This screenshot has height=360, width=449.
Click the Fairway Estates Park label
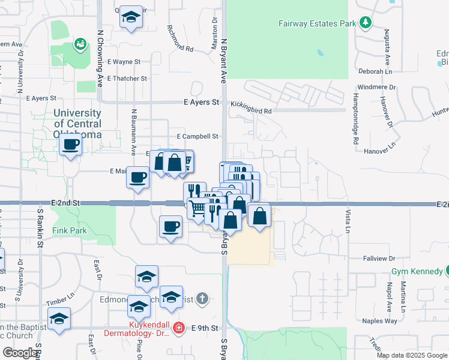(318, 25)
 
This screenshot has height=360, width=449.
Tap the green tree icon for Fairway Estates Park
(365, 23)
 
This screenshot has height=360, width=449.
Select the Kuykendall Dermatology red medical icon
(178, 328)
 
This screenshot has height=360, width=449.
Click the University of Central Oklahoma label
(77, 124)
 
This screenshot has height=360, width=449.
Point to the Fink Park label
(70, 230)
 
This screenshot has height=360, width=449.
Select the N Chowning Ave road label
(100, 59)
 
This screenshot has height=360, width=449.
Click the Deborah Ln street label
(375, 70)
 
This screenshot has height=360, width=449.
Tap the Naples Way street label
(380, 321)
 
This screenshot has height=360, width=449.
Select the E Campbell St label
(196, 137)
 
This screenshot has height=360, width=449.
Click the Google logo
(20, 353)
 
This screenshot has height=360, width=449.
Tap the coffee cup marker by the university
(71, 145)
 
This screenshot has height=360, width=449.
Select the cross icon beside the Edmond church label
(203, 298)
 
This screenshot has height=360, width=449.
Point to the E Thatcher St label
(127, 79)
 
